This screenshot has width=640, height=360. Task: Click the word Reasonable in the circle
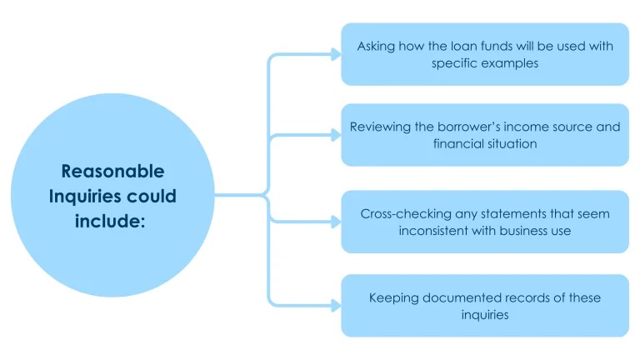(x=112, y=171)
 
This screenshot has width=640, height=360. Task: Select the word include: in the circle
(x=112, y=222)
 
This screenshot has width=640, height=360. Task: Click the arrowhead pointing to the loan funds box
(x=336, y=54)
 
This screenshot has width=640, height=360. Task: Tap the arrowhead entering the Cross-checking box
(x=336, y=222)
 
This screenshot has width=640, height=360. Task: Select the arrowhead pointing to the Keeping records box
(x=336, y=303)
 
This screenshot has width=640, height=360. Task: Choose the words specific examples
(x=484, y=63)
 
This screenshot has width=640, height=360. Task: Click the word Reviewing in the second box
(x=378, y=127)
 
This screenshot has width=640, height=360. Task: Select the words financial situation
(x=484, y=144)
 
